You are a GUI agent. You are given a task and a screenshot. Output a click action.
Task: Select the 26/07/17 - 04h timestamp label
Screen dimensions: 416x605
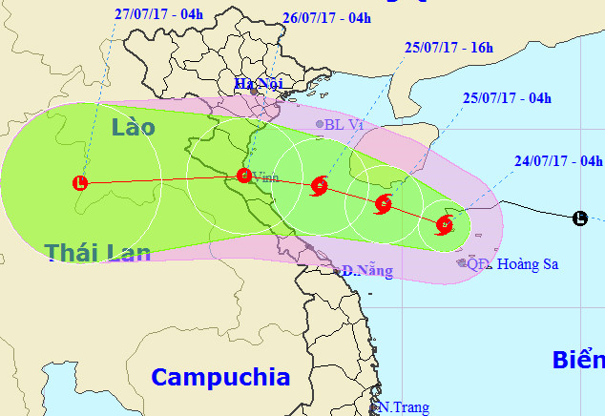pos(326,18)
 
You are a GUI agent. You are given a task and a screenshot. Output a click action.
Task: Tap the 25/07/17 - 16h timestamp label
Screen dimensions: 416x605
pos(449,47)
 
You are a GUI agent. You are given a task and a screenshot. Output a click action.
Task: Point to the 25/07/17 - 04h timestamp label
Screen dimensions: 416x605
pos(507,97)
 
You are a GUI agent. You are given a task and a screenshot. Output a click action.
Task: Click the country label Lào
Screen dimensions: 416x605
pos(132,127)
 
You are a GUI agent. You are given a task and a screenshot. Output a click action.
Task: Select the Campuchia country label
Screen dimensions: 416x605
pos(220,376)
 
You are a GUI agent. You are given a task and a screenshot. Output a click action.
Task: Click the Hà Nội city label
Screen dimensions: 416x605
pos(260,84)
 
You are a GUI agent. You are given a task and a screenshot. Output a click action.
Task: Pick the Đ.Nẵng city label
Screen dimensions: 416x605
pos(367,271)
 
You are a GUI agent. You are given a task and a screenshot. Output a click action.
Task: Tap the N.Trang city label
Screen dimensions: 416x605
pos(401,406)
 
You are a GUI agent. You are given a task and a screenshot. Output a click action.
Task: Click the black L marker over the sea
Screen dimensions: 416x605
pos(579,218)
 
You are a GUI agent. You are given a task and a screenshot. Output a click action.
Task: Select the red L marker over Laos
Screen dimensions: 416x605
pos(81,181)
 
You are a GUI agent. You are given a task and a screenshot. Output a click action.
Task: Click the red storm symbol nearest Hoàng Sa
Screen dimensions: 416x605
pos(444,225)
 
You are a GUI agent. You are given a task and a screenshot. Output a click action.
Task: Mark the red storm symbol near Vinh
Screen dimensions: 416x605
pos(243,175)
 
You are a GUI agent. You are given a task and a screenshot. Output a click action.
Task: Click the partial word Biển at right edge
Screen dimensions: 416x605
pos(577,361)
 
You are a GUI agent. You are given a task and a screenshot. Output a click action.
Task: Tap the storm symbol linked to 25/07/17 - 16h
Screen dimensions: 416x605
pos(320,186)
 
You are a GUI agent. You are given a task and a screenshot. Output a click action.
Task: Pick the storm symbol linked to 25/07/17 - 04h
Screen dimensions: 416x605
pos(384,203)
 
